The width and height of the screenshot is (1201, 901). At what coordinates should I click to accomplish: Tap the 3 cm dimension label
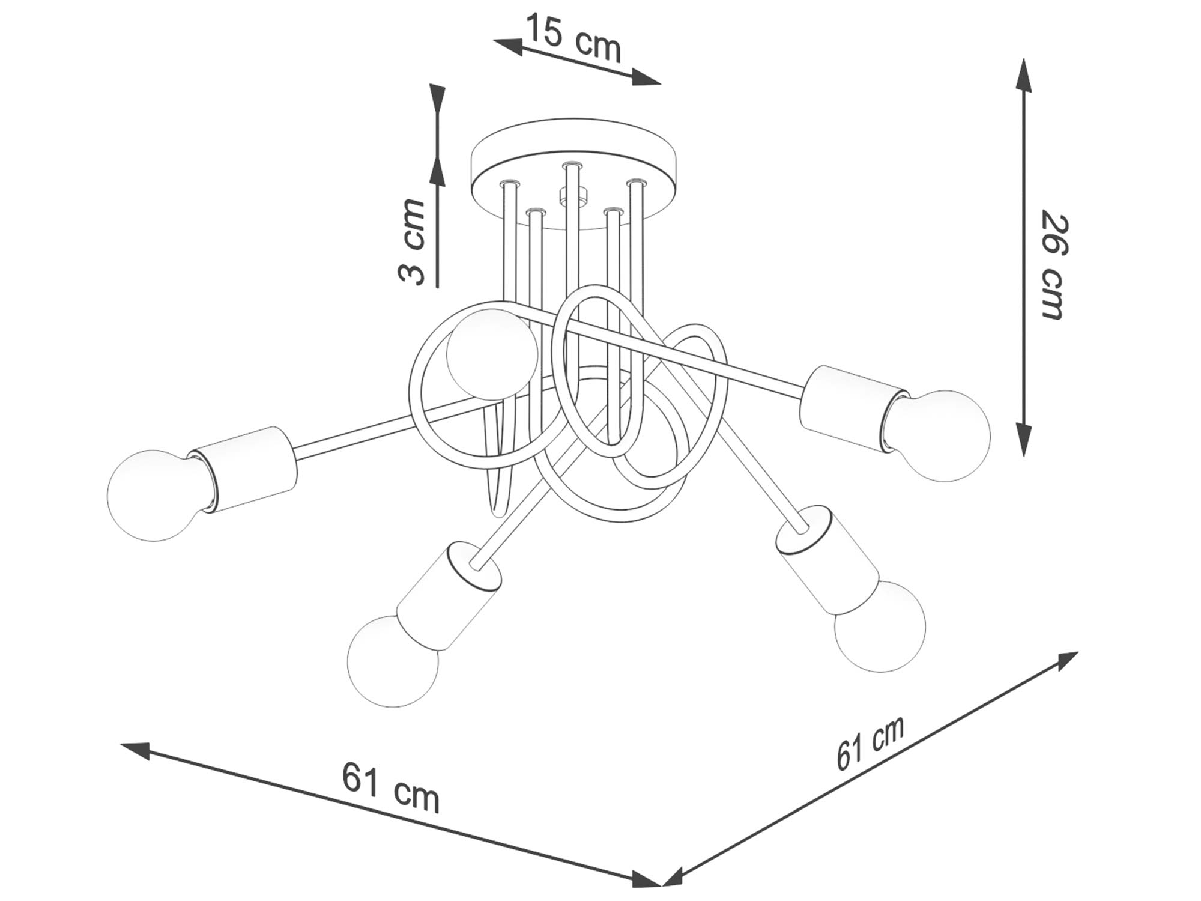[x=412, y=241]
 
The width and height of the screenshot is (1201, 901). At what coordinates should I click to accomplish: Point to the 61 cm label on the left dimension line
[x=390, y=787]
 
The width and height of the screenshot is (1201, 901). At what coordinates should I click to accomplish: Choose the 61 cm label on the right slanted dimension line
[x=870, y=742]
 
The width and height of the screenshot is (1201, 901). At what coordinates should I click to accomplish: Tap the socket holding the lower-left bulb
[x=447, y=595]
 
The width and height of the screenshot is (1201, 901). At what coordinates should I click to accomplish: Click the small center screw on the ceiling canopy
[x=572, y=196]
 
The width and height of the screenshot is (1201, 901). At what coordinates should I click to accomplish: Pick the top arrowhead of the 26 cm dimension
[x=1024, y=75]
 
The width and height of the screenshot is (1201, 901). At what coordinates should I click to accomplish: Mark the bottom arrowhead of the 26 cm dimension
[x=1024, y=438]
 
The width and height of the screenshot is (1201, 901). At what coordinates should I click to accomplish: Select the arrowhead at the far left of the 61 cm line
[x=136, y=750]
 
